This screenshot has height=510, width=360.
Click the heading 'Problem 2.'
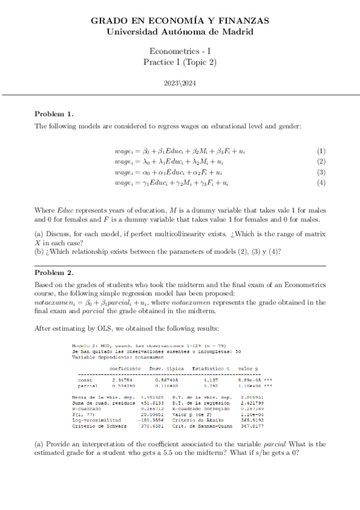click(54, 272)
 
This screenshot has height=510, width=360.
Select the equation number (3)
click(321, 173)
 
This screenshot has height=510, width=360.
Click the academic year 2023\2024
click(180, 84)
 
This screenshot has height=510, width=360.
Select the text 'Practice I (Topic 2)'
click(180, 63)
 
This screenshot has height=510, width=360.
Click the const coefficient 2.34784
click(122, 379)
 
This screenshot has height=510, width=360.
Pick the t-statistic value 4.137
click(209, 379)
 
